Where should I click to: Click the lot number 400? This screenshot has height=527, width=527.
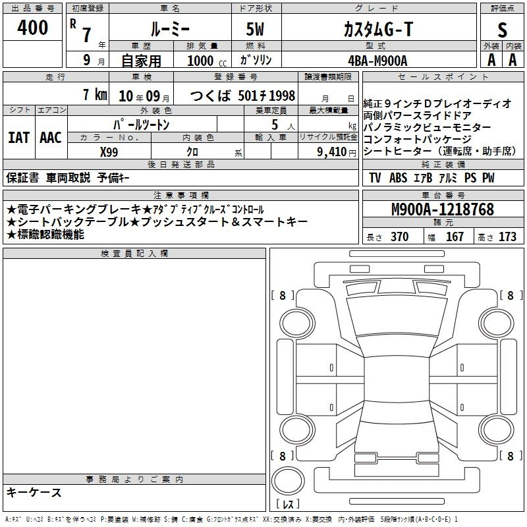[x=32, y=27]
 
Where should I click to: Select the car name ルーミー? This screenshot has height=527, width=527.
[x=170, y=30]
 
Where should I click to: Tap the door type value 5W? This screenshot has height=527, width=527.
[x=255, y=29]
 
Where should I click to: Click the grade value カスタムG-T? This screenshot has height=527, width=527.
[x=378, y=29]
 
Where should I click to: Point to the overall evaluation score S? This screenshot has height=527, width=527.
[x=502, y=30]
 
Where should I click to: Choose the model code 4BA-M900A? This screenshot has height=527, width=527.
[x=377, y=61]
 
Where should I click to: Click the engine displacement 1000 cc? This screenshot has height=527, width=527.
[x=207, y=61]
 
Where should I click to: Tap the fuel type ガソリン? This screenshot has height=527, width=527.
[x=256, y=60]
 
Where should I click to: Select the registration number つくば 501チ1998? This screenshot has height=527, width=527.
[x=242, y=96]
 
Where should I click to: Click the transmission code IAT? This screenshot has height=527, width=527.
[x=19, y=138]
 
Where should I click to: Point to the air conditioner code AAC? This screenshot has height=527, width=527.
[x=51, y=138]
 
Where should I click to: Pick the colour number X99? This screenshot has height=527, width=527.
[x=109, y=152]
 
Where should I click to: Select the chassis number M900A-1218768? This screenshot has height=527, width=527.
[x=443, y=209]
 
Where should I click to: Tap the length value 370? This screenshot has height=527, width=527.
[x=400, y=236]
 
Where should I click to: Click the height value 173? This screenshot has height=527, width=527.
[x=507, y=236]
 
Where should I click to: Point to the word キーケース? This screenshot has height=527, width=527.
[x=34, y=493]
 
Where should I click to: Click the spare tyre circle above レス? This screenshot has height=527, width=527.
[x=288, y=481]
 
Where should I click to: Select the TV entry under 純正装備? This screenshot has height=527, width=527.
[x=375, y=178]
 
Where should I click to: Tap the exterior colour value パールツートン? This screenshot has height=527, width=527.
[x=142, y=125]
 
